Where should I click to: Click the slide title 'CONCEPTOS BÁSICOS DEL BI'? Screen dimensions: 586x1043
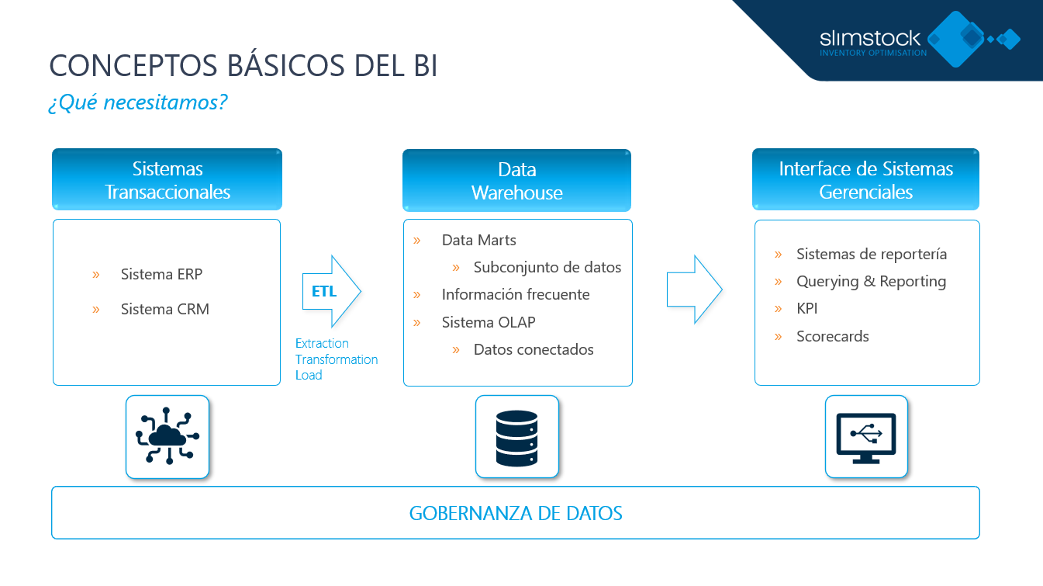coord(243,67)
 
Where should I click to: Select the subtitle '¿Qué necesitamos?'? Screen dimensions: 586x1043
coord(137,102)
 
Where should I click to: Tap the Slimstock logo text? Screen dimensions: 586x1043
coord(870,38)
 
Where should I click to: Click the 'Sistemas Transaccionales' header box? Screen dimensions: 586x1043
coord(167,180)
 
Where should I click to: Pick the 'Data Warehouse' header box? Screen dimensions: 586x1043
coord(516,181)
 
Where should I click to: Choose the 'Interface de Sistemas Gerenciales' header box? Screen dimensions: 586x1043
coord(865,180)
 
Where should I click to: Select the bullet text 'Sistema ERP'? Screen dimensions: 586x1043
coord(161,274)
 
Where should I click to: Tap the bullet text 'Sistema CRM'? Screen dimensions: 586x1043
coord(164,309)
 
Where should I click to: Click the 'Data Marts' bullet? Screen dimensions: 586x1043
coord(478,240)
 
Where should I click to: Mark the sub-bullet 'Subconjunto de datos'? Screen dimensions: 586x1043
coord(547,267)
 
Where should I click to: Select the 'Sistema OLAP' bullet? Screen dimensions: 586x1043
coord(488,322)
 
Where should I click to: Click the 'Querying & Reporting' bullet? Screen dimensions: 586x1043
coord(871,281)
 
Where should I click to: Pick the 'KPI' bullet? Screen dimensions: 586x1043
coord(806,308)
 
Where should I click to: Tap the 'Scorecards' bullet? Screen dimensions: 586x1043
coord(832,336)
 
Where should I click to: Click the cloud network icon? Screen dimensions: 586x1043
coord(168,437)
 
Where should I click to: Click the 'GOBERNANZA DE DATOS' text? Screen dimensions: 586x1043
coord(516,513)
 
